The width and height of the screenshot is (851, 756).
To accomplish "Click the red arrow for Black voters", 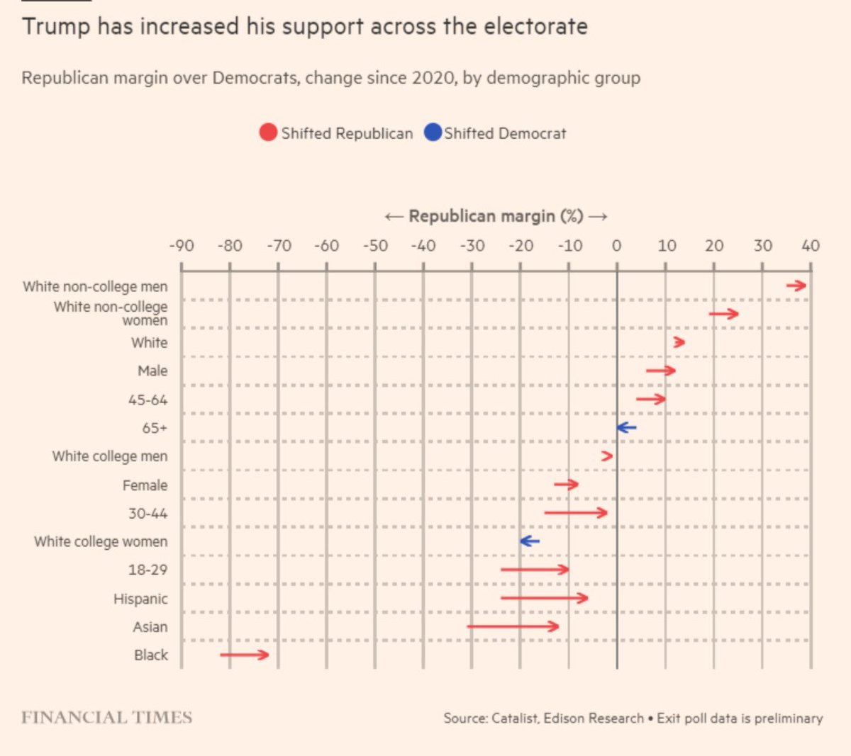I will (x=245, y=655).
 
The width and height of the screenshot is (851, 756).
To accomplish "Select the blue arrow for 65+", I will (x=626, y=427).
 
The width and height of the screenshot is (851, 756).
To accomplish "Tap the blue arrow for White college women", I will (x=530, y=541).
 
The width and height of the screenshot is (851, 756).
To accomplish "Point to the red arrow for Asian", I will (x=513, y=626).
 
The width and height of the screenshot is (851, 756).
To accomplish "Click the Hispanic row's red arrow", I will (x=544, y=598).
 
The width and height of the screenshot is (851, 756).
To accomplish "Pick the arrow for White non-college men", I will (x=796, y=286).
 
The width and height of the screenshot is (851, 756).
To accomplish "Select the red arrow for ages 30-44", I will (x=576, y=512).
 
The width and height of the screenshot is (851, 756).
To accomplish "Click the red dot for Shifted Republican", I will (x=268, y=132).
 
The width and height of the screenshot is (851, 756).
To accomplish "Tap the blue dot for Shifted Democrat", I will (x=433, y=132).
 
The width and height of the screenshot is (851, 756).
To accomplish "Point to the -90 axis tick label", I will (x=181, y=246).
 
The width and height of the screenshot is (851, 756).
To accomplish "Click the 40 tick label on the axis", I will (x=811, y=246).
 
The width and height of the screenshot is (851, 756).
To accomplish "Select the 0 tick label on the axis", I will (x=616, y=246).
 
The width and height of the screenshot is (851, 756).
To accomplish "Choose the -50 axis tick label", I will (x=375, y=246).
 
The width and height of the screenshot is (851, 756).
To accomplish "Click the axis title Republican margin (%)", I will (x=496, y=216).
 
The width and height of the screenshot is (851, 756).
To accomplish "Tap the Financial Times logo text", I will (x=106, y=718).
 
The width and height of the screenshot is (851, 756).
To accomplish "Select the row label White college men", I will (x=110, y=456).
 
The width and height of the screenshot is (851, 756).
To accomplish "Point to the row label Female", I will (x=145, y=485).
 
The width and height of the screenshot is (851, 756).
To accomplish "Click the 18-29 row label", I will (x=148, y=570).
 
